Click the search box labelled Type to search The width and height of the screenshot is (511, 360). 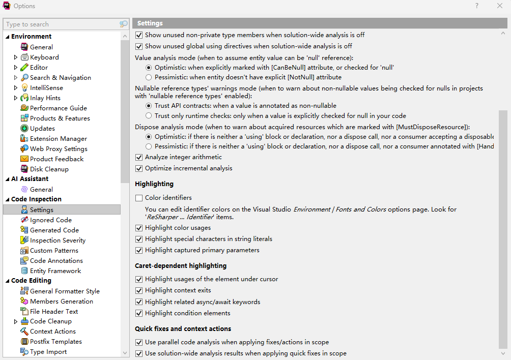click(x=61, y=24)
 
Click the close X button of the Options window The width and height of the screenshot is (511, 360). click(x=499, y=6)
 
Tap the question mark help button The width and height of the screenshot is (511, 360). click(x=477, y=6)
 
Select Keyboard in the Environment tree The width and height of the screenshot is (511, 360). click(x=44, y=57)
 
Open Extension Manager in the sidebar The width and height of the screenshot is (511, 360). click(x=58, y=139)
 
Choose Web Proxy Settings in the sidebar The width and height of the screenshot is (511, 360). click(x=59, y=149)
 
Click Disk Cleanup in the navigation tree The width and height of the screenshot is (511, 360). click(x=49, y=169)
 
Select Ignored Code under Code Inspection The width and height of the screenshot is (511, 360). click(x=50, y=220)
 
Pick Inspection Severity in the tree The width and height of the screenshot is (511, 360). click(x=58, y=241)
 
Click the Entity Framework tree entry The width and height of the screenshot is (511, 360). click(x=55, y=271)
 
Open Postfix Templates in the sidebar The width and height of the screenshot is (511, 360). click(x=55, y=342)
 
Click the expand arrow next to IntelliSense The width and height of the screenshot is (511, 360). click(x=16, y=88)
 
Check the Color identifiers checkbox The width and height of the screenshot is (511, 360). click(x=139, y=198)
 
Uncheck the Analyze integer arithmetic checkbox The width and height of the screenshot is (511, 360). click(x=139, y=157)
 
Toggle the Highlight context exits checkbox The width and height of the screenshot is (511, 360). click(x=139, y=290)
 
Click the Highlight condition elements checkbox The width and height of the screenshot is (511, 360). click(x=139, y=313)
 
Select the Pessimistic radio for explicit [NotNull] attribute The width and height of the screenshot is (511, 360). click(x=149, y=77)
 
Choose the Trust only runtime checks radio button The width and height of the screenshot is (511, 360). click(x=149, y=116)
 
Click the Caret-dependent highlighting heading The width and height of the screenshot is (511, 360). click(x=181, y=265)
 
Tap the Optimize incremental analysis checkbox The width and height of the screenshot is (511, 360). click(x=139, y=168)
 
